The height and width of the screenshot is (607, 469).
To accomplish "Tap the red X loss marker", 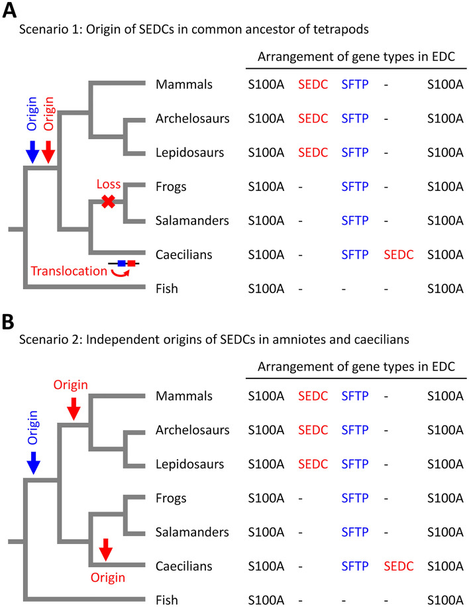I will [109, 202].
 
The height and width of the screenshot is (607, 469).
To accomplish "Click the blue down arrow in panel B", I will [31, 465].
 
